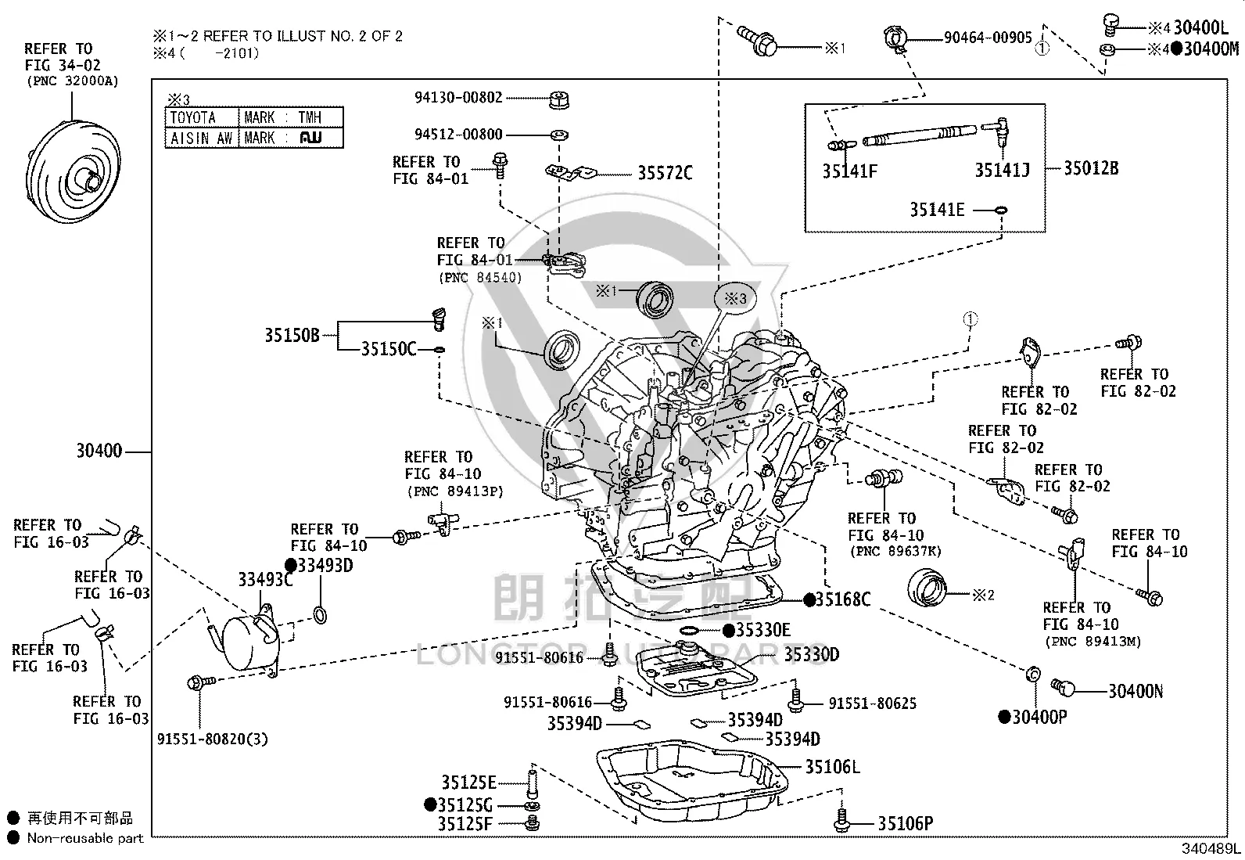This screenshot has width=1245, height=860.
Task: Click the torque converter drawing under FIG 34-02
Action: click(73, 171)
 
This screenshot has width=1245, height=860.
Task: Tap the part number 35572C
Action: click(665, 173)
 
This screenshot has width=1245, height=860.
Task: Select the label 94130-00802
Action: click(458, 98)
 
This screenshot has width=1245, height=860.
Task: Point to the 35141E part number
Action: click(937, 210)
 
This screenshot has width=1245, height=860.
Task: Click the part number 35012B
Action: click(1091, 168)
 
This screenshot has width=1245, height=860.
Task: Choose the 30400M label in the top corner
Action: click(1211, 49)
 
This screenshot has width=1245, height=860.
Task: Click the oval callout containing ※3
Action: click(735, 299)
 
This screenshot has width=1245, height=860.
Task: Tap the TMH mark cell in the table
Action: click(291, 117)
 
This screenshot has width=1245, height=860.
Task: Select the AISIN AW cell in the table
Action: click(202, 138)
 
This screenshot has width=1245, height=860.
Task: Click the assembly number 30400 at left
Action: click(99, 451)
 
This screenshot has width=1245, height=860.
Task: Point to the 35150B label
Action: click(292, 336)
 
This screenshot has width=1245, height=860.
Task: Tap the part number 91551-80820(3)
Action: click(212, 739)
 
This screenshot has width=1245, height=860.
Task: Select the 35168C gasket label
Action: click(842, 599)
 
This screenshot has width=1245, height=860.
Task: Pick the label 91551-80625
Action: click(873, 703)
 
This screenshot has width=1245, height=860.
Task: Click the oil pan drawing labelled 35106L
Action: click(693, 781)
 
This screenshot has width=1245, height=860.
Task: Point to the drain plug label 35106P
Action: click(906, 823)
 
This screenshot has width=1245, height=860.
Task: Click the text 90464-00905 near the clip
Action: click(988, 38)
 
